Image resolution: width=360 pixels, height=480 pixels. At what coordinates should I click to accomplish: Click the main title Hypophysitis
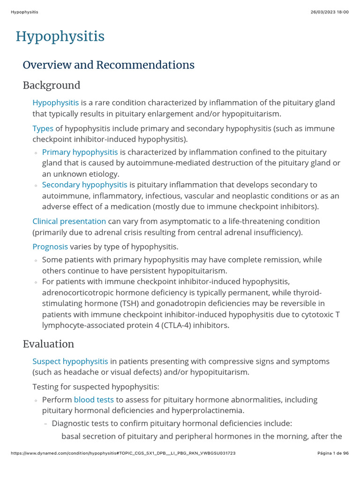(x=60, y=37)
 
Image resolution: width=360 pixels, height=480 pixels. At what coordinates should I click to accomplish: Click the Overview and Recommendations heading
(x=108, y=65)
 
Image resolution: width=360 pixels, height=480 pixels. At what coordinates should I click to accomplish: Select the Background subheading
(x=52, y=85)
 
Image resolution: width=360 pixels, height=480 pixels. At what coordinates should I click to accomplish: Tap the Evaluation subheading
(x=48, y=344)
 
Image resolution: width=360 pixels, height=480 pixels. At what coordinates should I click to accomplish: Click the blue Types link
(x=43, y=128)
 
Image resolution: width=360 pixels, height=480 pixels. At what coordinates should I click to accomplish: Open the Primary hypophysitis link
(x=80, y=152)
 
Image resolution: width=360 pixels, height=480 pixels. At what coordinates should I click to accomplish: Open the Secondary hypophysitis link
(x=84, y=185)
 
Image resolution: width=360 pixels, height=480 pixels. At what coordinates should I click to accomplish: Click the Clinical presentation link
(x=69, y=221)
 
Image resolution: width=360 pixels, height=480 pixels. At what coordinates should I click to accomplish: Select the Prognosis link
(x=50, y=247)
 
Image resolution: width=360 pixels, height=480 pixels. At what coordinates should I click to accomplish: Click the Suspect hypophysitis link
(x=70, y=361)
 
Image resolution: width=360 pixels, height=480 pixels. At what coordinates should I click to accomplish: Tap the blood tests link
(x=94, y=400)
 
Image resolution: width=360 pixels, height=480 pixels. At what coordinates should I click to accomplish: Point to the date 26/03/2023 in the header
(x=324, y=12)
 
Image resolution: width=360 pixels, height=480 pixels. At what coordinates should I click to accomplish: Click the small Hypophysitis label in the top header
(x=24, y=12)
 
